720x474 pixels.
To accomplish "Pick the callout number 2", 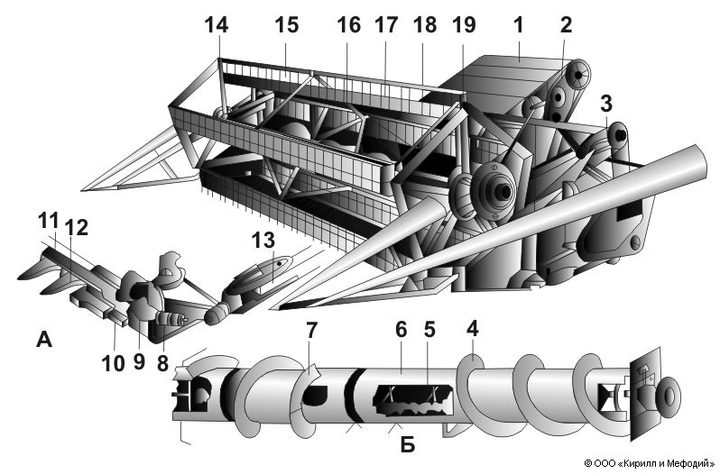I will coord(566,25).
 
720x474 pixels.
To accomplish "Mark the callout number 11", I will coord(47,219).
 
